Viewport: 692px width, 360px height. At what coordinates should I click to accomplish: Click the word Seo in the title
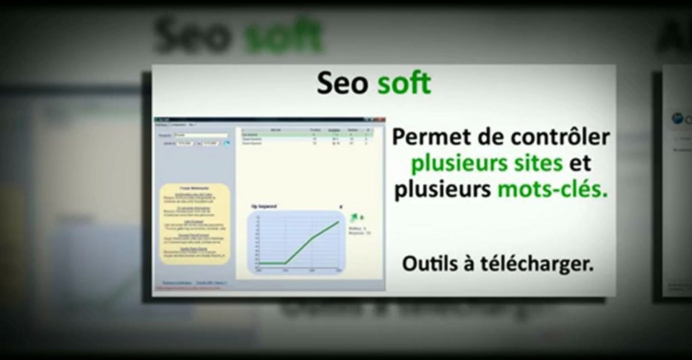click(x=342, y=84)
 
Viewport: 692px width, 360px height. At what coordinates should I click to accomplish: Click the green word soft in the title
click(x=404, y=84)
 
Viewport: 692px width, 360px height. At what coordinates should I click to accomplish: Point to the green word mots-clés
click(x=552, y=190)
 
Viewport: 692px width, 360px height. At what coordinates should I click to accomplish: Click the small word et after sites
click(x=581, y=163)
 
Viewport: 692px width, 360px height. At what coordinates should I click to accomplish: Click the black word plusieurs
click(x=442, y=190)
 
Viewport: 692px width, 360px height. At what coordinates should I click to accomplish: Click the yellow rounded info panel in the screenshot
click(x=195, y=223)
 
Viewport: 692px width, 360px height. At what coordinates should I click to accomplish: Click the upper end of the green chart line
click(x=338, y=221)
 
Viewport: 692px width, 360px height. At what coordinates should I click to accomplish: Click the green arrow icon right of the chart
click(x=355, y=216)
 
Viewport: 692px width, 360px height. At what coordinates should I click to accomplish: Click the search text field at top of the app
click(x=200, y=135)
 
